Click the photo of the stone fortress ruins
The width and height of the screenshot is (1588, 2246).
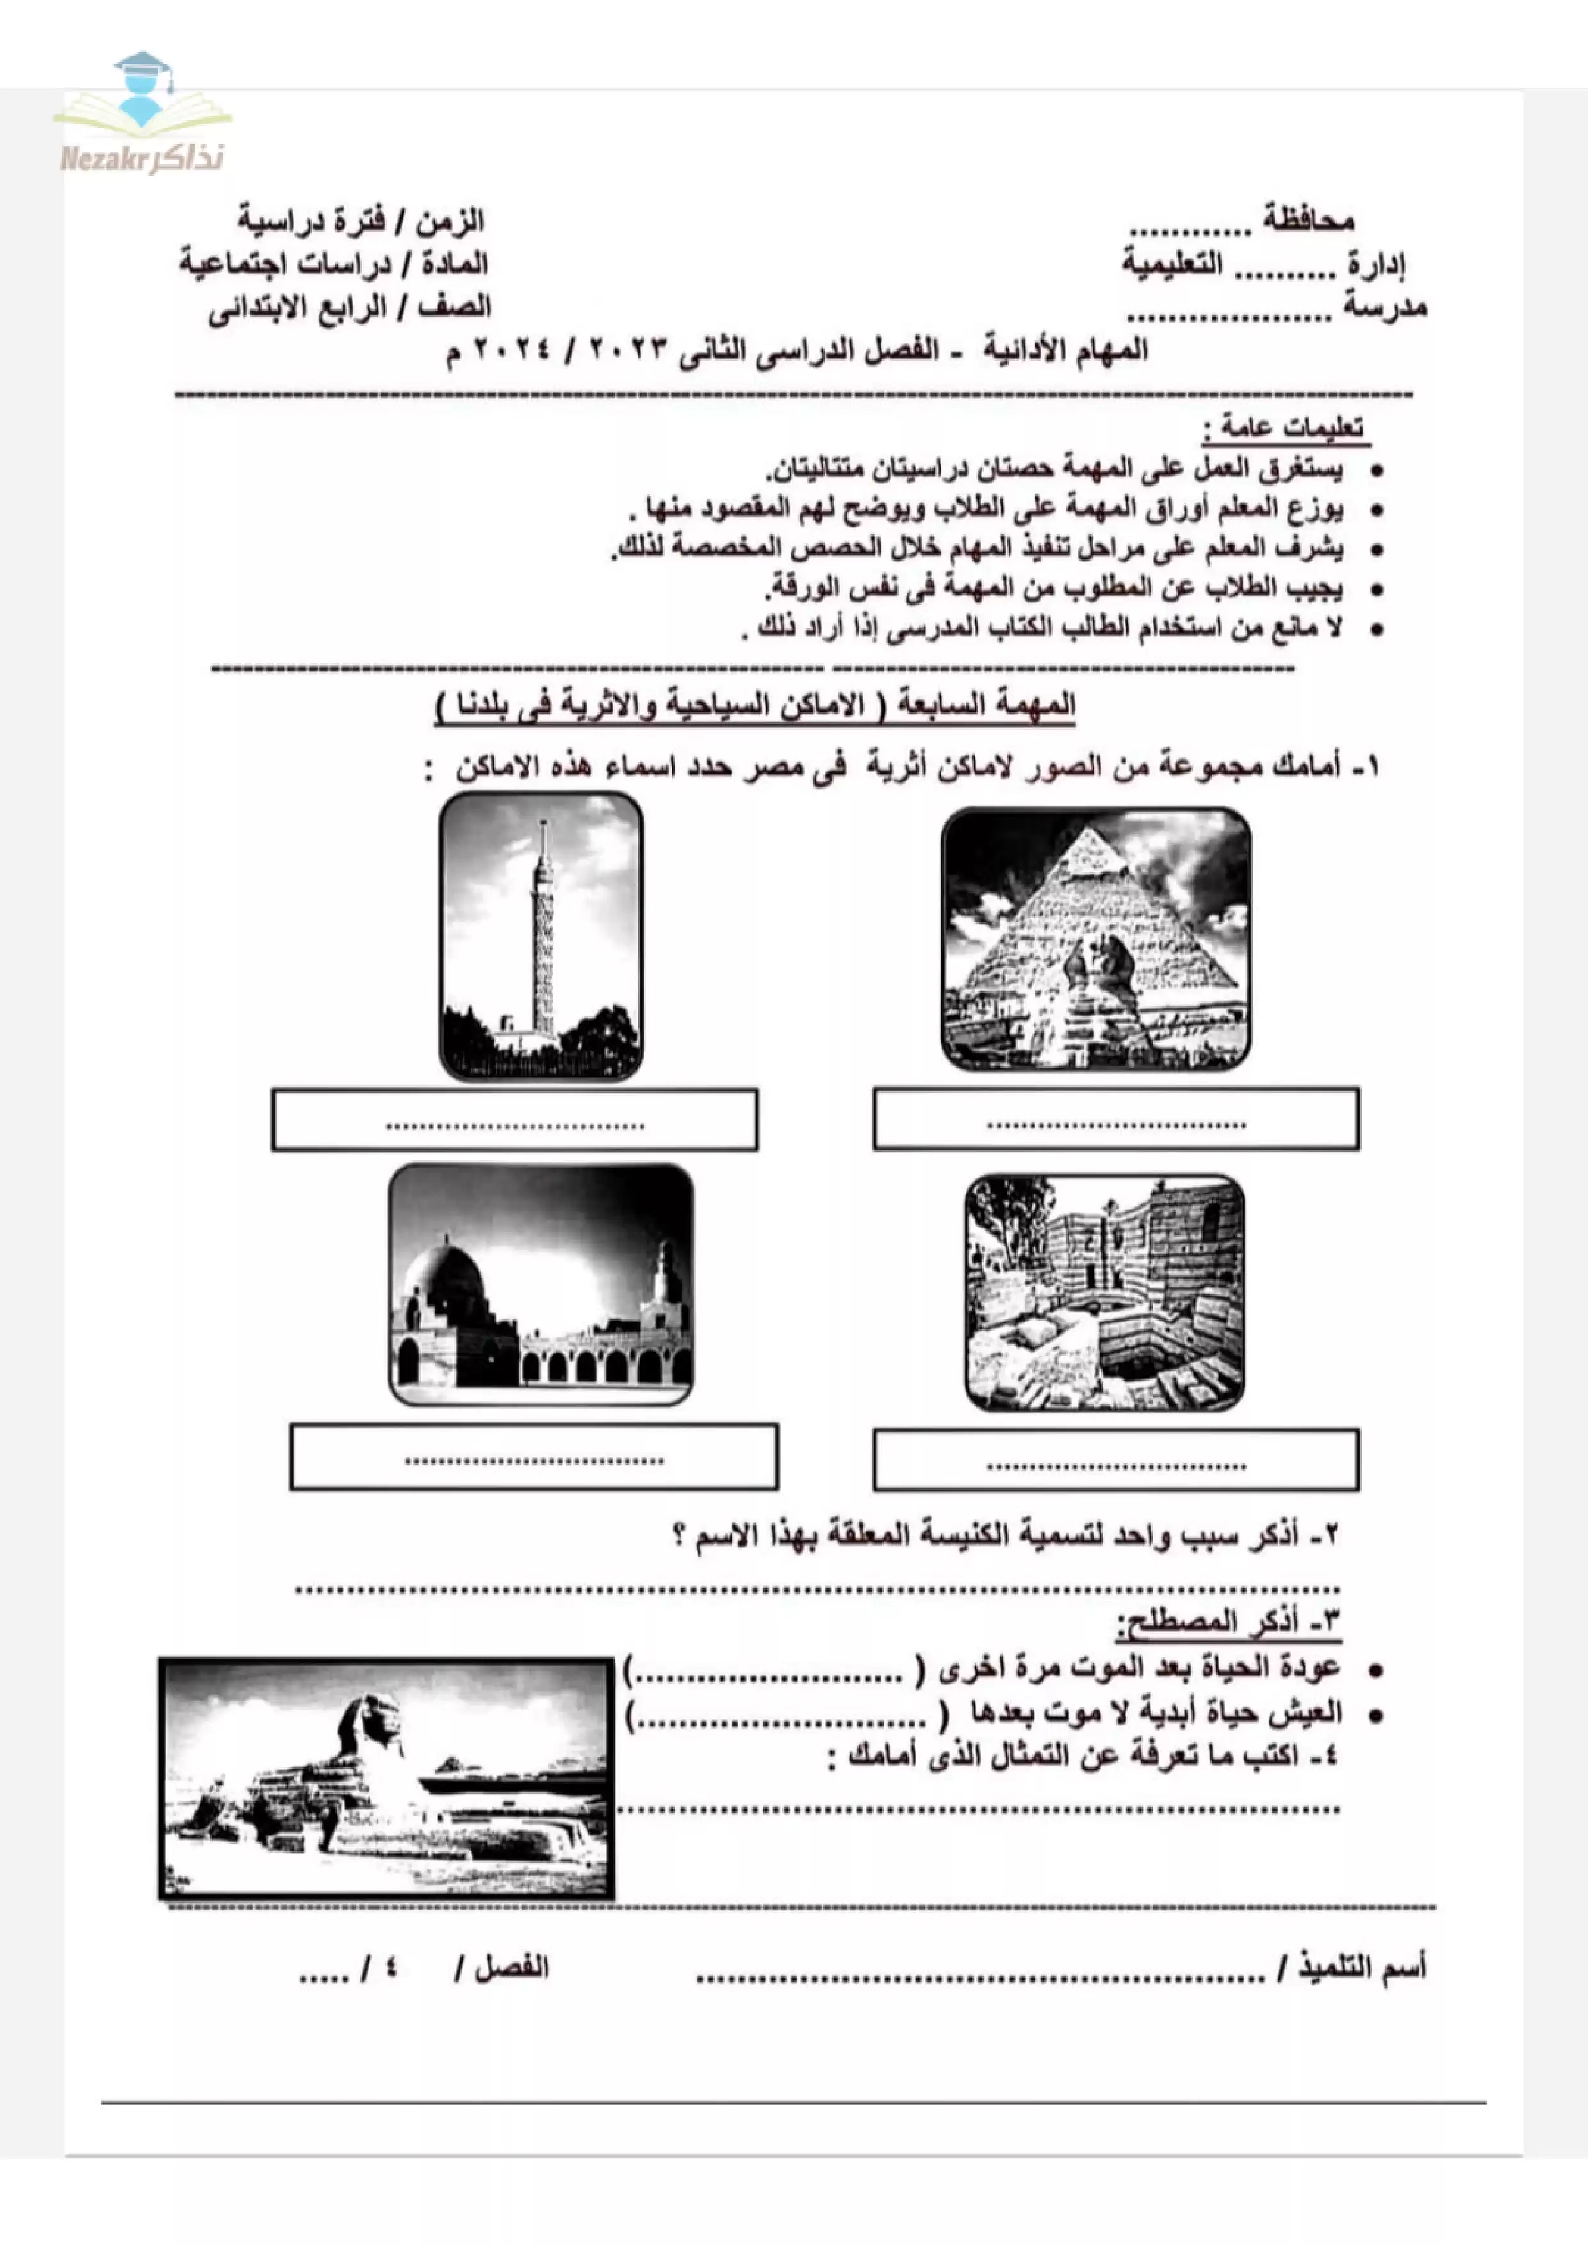tap(1104, 1292)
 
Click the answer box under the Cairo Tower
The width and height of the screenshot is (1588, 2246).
tap(514, 1120)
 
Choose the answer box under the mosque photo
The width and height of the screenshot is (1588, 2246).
tap(534, 1457)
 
